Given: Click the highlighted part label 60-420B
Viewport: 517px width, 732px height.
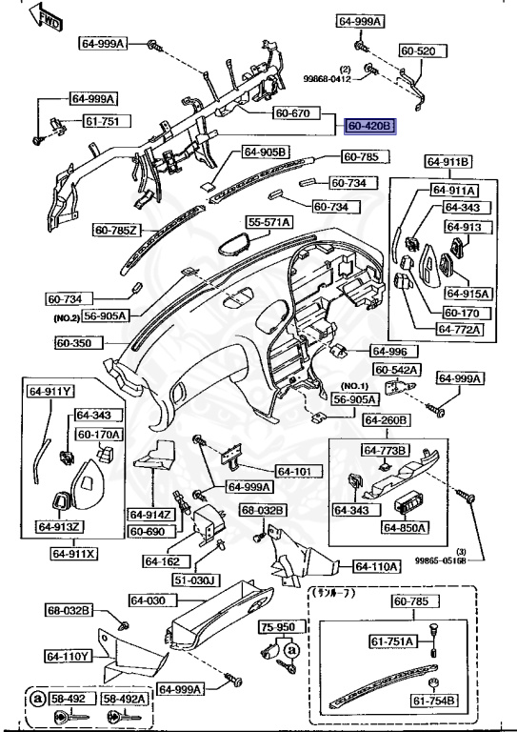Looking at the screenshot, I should [370, 125].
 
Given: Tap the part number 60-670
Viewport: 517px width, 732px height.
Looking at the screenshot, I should [293, 112].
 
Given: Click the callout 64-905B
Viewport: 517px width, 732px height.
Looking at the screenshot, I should [265, 152].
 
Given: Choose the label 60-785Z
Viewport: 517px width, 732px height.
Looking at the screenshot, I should [116, 229].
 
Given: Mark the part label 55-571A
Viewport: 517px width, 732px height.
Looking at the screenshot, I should [270, 222].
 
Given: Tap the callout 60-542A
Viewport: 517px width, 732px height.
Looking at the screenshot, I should [395, 369].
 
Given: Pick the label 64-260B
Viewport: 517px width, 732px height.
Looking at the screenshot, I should [386, 419].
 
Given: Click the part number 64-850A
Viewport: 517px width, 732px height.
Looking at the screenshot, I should [406, 526].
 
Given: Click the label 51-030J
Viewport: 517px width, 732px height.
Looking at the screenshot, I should [196, 579].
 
